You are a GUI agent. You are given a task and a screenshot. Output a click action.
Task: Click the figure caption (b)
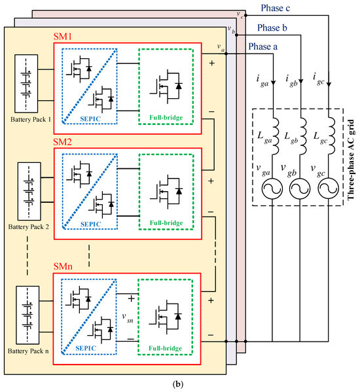(x=180, y=385)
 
